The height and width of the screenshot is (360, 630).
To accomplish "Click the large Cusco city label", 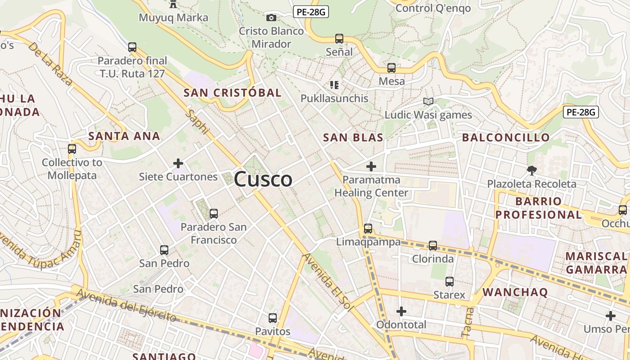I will coord(263,179).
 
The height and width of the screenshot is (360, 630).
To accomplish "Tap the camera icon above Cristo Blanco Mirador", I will coord(271,18).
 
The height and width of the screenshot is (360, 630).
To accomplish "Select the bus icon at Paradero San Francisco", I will coord(214,213).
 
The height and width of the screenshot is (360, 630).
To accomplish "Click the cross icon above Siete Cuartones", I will coord(178,163).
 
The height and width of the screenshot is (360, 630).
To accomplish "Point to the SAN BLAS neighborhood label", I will coord(353,138).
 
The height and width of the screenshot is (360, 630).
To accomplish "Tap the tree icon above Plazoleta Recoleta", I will coord(531,171).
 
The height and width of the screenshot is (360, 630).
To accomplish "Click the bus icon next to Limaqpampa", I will coord(368,229).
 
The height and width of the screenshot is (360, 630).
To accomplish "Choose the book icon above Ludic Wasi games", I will coord(428,102).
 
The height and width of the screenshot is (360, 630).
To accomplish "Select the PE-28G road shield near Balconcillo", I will coord(580,112).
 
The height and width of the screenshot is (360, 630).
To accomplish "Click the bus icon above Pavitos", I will coord(273,318).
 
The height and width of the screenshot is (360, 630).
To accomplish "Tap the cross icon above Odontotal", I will coord(401,311).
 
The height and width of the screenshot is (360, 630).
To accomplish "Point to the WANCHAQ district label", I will coord(515,292).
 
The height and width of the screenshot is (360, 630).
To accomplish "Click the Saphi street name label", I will coord(198,122).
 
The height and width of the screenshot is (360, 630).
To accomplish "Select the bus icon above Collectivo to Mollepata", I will coord(72,148).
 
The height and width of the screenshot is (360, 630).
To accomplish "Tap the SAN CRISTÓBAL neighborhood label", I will coord(232,93).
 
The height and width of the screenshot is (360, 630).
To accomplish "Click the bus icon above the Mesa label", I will coord(391,68).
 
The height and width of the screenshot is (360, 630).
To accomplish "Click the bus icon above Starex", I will coord(449,282).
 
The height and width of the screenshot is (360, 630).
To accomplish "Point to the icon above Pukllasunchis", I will coord(334,85).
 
